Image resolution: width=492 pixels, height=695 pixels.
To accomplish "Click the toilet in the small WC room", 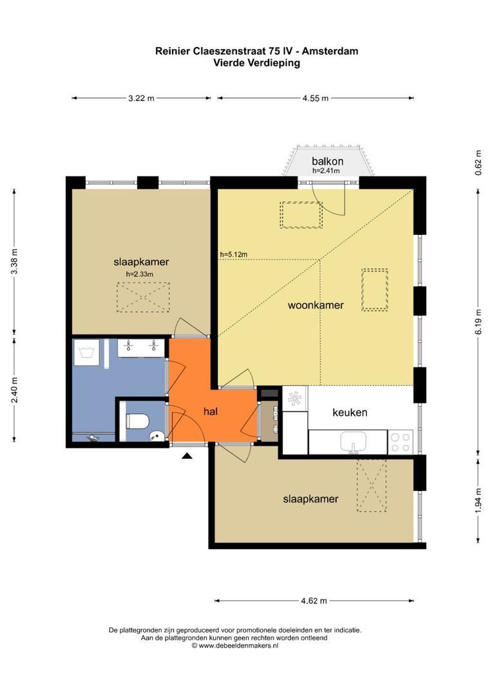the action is coord(137,421).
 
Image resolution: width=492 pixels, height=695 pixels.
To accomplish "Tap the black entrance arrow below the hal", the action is coord(187,456).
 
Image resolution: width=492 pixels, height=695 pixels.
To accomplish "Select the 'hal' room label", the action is coord(211,412).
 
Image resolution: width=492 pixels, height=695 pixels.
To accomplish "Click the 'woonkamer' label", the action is coord(316,306).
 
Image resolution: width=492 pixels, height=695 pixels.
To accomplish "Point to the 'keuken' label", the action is coord(350,412).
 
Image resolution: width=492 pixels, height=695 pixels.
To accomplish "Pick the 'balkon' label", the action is coord(327,162).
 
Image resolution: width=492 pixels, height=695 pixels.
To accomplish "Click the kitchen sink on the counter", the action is coord(354,442).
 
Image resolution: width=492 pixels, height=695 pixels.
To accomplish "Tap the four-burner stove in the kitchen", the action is coord(401,442).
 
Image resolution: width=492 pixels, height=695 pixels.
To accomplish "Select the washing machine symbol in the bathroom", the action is coord(86,353).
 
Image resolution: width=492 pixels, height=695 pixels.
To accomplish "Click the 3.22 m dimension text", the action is coord(142,98).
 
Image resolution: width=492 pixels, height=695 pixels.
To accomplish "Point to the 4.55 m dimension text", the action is coord(316,98).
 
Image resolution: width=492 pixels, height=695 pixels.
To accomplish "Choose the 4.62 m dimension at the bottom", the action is coord(314,601).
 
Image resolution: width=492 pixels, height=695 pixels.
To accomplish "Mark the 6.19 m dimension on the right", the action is coord(478,322).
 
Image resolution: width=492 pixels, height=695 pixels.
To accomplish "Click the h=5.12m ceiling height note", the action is coord(233,254).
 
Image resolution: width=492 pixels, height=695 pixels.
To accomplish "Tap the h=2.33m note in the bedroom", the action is coord(140,274).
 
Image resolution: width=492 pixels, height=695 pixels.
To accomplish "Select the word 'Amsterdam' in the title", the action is coord(330,51).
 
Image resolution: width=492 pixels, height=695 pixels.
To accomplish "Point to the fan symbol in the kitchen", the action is coord(294,399).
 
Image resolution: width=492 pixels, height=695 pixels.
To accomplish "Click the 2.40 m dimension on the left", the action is coord(15,390).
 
